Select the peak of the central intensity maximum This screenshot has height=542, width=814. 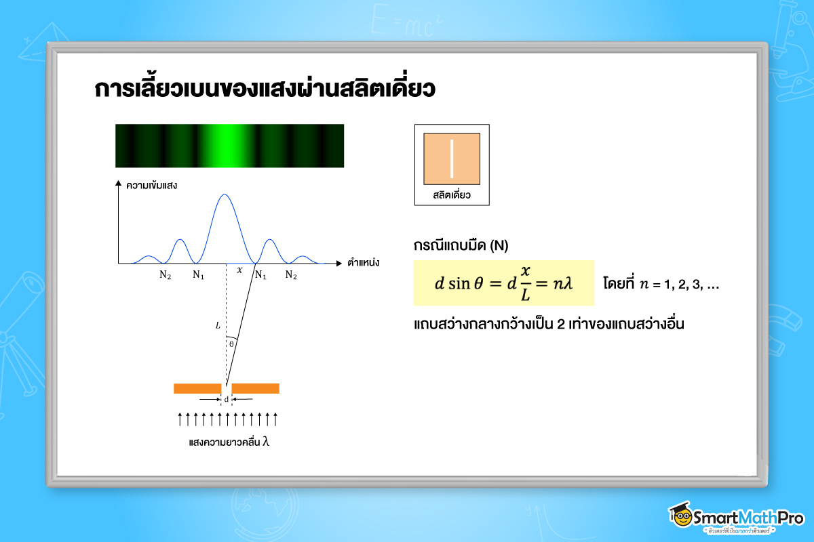(x=225, y=195)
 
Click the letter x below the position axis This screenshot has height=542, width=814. (x=239, y=270)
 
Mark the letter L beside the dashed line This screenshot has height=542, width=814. (x=218, y=326)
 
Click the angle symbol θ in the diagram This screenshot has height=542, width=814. (x=231, y=344)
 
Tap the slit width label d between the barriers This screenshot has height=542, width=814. (x=226, y=400)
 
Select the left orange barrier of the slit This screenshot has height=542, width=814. (x=197, y=388)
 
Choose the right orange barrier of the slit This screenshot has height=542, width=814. (x=256, y=388)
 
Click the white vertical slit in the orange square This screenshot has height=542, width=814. (x=452, y=159)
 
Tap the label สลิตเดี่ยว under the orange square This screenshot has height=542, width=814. (x=452, y=195)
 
